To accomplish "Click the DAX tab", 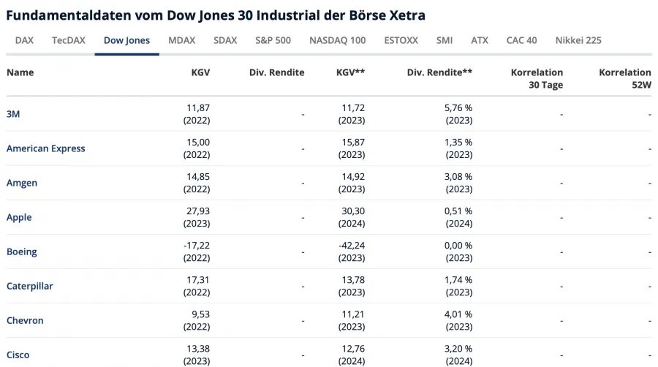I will click(x=24, y=40).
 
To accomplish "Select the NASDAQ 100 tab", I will click(x=337, y=40).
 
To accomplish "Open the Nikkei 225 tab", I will click(x=578, y=40).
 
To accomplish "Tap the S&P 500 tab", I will click(x=273, y=40).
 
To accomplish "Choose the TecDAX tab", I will click(x=69, y=40).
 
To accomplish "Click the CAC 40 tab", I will click(x=521, y=40).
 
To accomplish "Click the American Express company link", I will click(x=45, y=148).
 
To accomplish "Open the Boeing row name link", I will click(x=21, y=251).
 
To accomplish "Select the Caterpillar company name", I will click(x=29, y=286).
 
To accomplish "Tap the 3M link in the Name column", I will click(x=13, y=114).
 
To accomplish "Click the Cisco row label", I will click(x=18, y=355).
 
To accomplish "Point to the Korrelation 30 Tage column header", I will click(x=537, y=78).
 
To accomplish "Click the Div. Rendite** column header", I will click(x=439, y=72).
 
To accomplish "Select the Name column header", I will click(x=20, y=72).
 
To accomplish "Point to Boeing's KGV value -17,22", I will click(x=196, y=246).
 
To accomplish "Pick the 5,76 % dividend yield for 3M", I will click(x=458, y=107).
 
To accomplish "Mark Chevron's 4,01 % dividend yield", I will click(x=458, y=314).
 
